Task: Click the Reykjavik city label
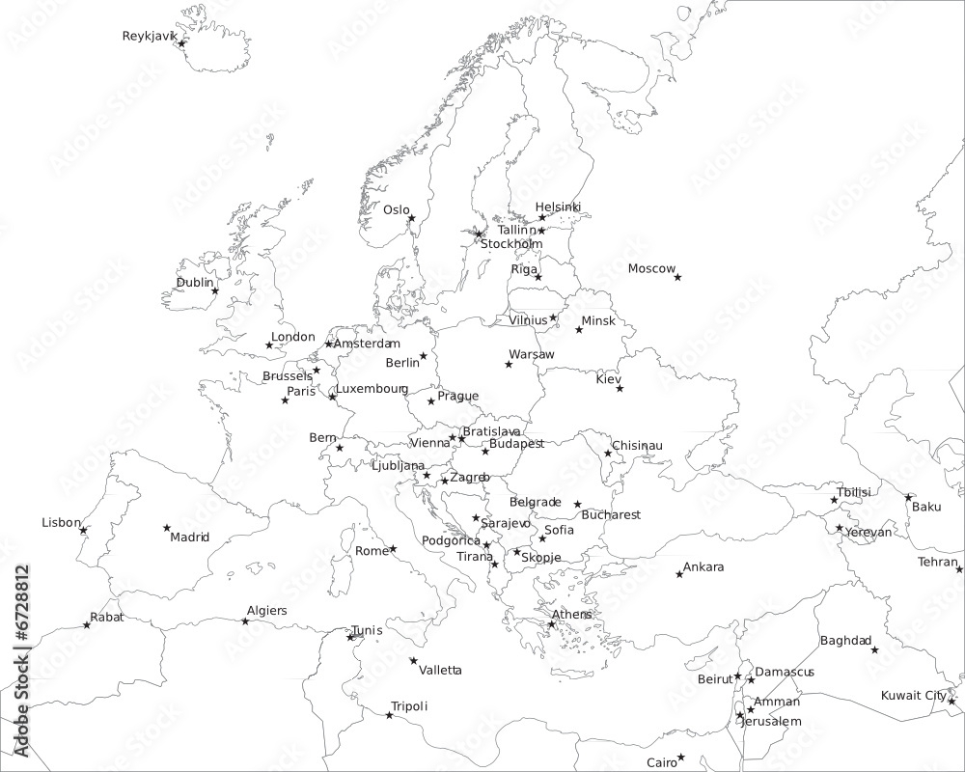point(150,37)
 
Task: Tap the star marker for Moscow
point(677,277)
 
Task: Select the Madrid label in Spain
point(189,538)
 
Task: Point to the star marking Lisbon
point(83,530)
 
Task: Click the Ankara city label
point(703,567)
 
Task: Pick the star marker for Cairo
point(680,758)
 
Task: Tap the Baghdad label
point(845,641)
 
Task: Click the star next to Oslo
point(411,218)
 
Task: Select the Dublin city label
point(194,283)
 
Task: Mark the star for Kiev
point(620,389)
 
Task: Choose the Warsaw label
point(532,355)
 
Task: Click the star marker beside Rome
point(393,549)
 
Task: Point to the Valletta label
point(440,670)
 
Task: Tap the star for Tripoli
point(389,715)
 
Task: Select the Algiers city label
point(266,611)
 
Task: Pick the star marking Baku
point(908,497)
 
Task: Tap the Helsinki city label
point(558,207)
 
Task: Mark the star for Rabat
point(87,625)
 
